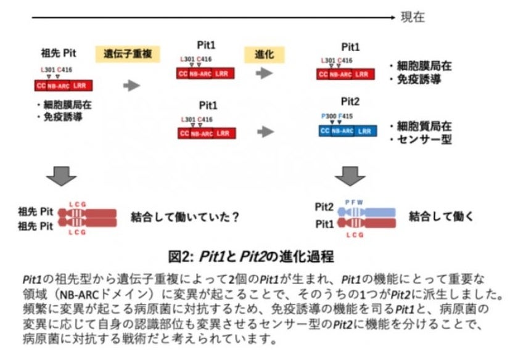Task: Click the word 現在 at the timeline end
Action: click(x=413, y=17)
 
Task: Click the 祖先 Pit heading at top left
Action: click(x=59, y=52)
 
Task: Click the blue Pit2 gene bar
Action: click(x=347, y=131)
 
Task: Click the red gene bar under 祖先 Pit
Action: click(x=62, y=85)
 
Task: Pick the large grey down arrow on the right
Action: click(x=350, y=175)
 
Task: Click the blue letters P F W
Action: click(x=354, y=201)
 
